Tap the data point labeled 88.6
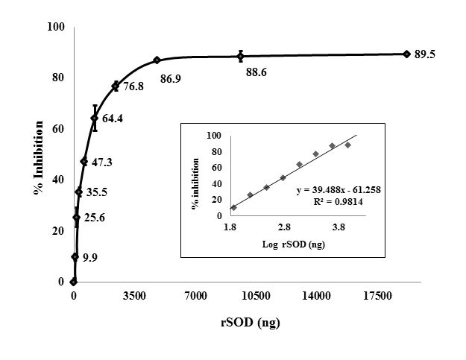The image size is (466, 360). (x=241, y=56)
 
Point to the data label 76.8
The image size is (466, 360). (x=133, y=86)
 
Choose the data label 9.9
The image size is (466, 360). (x=90, y=257)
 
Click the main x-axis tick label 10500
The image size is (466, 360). (x=255, y=296)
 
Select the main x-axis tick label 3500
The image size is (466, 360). (x=134, y=296)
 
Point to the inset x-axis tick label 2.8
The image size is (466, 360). (x=284, y=226)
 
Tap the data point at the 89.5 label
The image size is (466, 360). (x=406, y=54)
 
